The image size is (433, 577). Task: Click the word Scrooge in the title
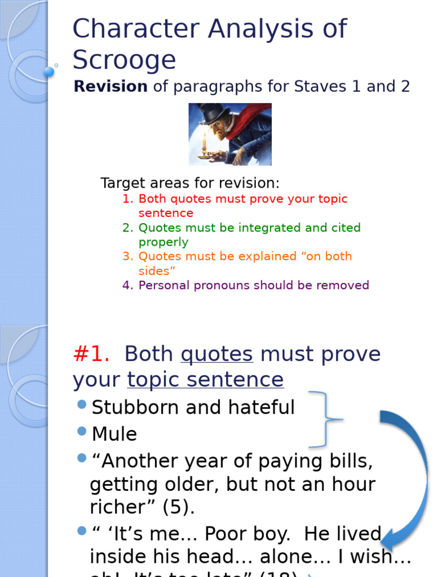pyautogui.click(x=124, y=60)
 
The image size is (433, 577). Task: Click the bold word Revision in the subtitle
pyautogui.click(x=111, y=87)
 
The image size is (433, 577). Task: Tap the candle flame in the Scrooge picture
pyautogui.click(x=204, y=136)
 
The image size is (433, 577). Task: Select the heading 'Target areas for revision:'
pyautogui.click(x=189, y=183)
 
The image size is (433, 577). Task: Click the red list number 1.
pyautogui.click(x=127, y=199)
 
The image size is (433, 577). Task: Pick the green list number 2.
pyautogui.click(x=127, y=228)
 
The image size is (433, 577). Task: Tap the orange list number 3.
pyautogui.click(x=127, y=257)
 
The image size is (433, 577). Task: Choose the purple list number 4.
pyautogui.click(x=127, y=286)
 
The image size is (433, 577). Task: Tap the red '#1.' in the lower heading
pyautogui.click(x=91, y=354)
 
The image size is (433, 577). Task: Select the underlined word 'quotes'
pyautogui.click(x=216, y=354)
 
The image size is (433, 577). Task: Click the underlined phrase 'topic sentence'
pyautogui.click(x=205, y=380)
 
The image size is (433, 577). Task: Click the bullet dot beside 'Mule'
pyautogui.click(x=82, y=431)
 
